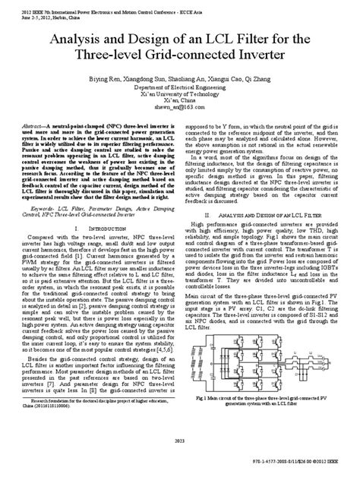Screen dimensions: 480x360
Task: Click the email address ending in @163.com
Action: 180,109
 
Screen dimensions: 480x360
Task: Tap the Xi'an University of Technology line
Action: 180,93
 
